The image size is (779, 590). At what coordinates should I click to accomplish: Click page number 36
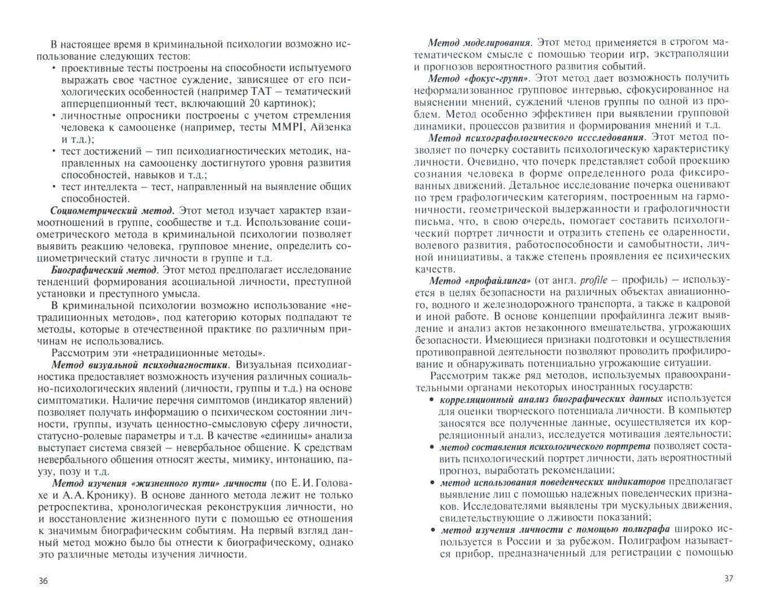(x=43, y=581)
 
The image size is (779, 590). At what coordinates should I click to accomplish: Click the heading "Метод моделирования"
(x=479, y=42)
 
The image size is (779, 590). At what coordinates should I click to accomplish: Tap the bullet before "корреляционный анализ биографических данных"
(x=432, y=399)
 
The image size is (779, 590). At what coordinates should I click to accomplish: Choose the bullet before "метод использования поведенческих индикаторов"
(x=432, y=482)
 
